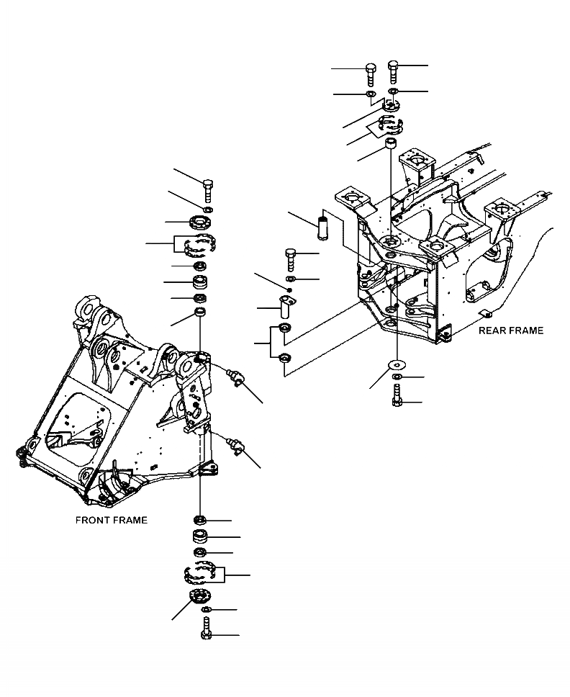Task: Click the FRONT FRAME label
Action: click(x=111, y=520)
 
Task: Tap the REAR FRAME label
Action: click(x=511, y=330)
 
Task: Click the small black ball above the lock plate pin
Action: click(x=288, y=289)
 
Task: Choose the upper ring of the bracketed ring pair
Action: click(x=285, y=329)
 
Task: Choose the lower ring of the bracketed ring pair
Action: click(x=285, y=358)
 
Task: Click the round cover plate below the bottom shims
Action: click(x=199, y=597)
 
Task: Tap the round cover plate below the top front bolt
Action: click(x=200, y=221)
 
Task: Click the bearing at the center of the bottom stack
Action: click(x=200, y=536)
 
